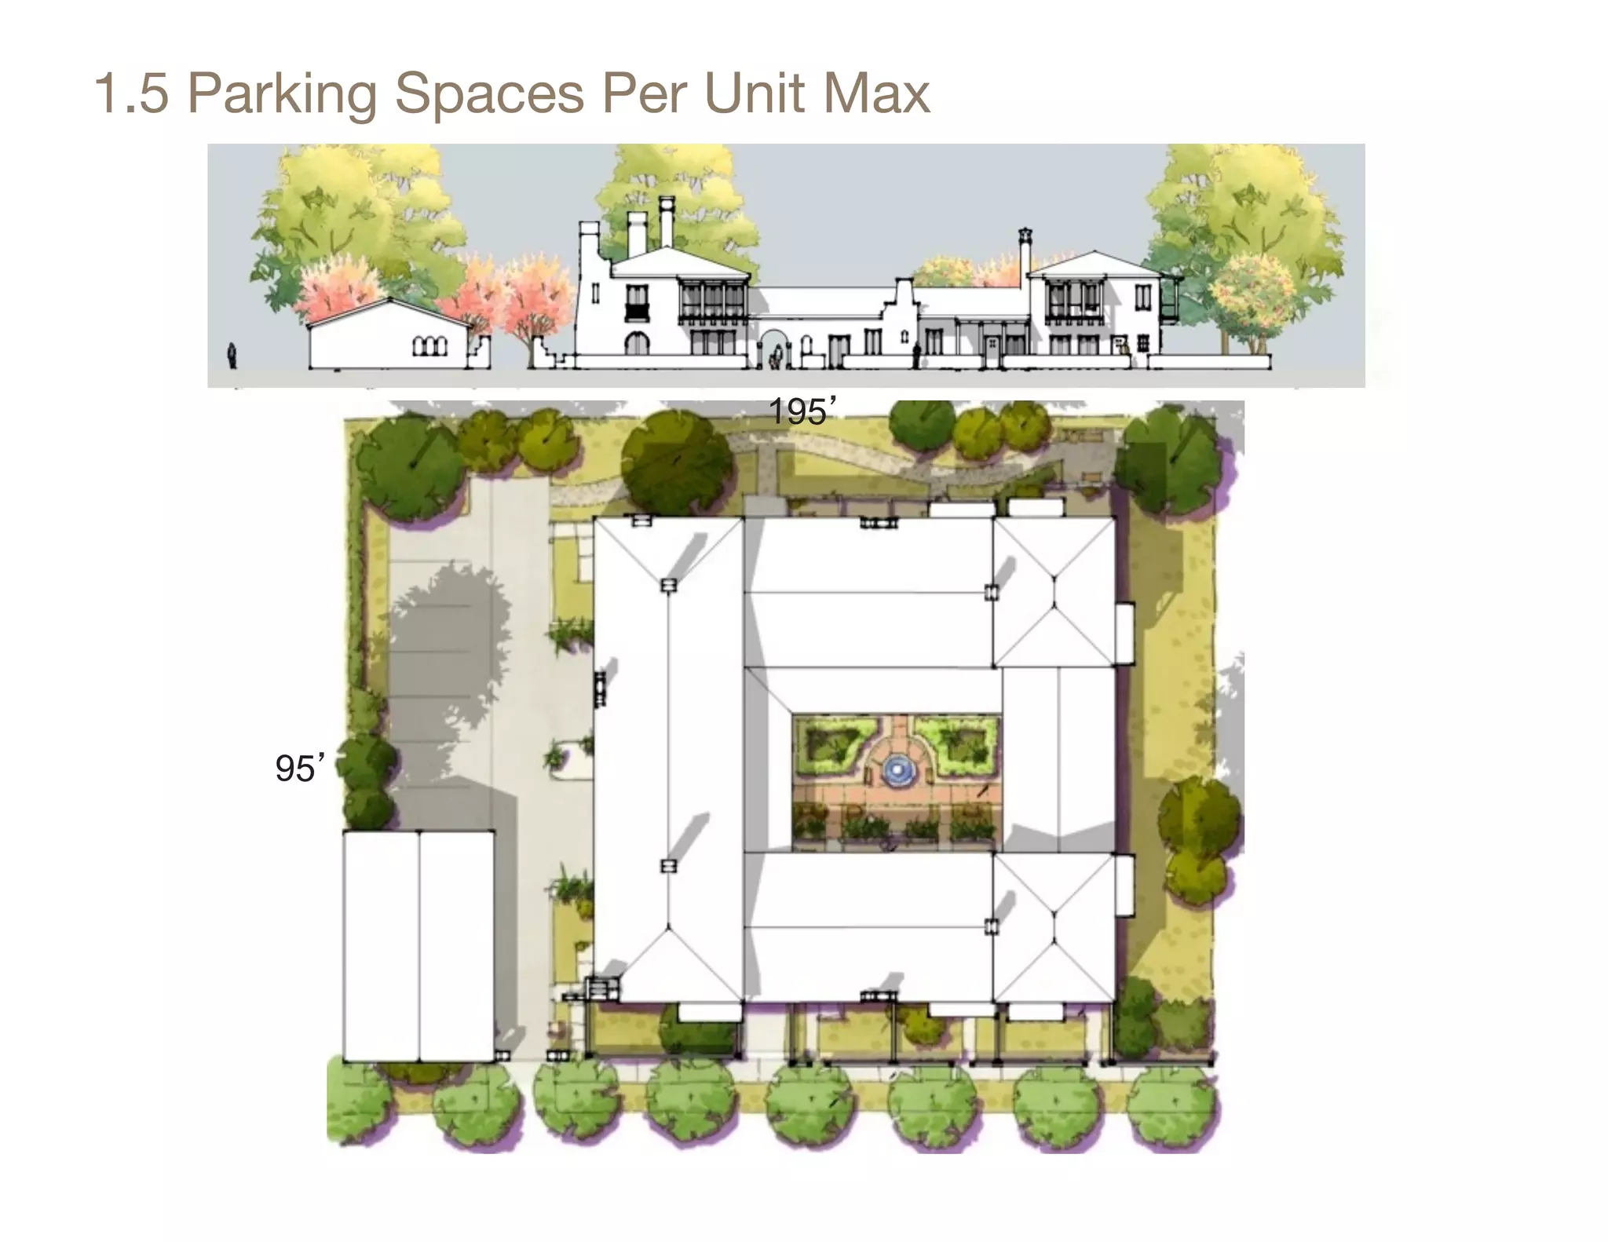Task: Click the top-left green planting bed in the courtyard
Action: [831, 742]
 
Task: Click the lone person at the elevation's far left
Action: [232, 356]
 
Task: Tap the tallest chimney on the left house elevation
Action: [667, 221]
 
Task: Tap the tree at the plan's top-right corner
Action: [1168, 456]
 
